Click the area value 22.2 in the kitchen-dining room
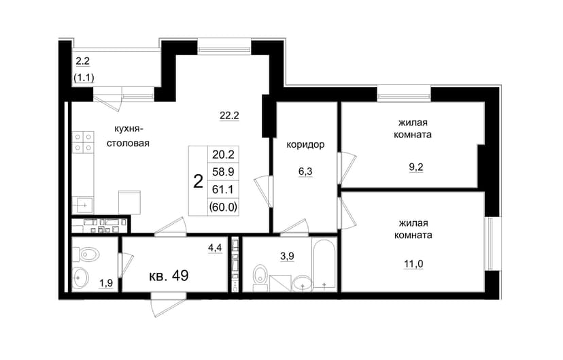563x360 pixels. tap(229, 115)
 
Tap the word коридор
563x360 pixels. tap(305, 144)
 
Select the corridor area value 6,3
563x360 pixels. tap(305, 171)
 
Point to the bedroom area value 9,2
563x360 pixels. tap(415, 167)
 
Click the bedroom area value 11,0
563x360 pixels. tap(413, 264)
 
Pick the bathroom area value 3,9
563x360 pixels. tap(287, 256)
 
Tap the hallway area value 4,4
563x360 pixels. tap(215, 247)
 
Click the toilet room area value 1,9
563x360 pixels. tap(106, 283)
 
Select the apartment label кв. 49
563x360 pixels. tap(169, 276)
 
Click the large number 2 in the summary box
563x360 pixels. tap(198, 182)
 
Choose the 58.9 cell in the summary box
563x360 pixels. tap(223, 171)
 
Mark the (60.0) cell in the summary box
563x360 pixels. tap(223, 207)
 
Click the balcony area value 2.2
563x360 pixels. tap(82, 61)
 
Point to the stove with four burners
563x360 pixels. tap(83, 142)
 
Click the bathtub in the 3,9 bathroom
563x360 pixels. tap(324, 264)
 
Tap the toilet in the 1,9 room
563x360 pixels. tap(86, 255)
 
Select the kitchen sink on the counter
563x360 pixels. tap(82, 206)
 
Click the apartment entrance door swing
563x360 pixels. tap(168, 305)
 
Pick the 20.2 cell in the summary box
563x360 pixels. tap(223, 154)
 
